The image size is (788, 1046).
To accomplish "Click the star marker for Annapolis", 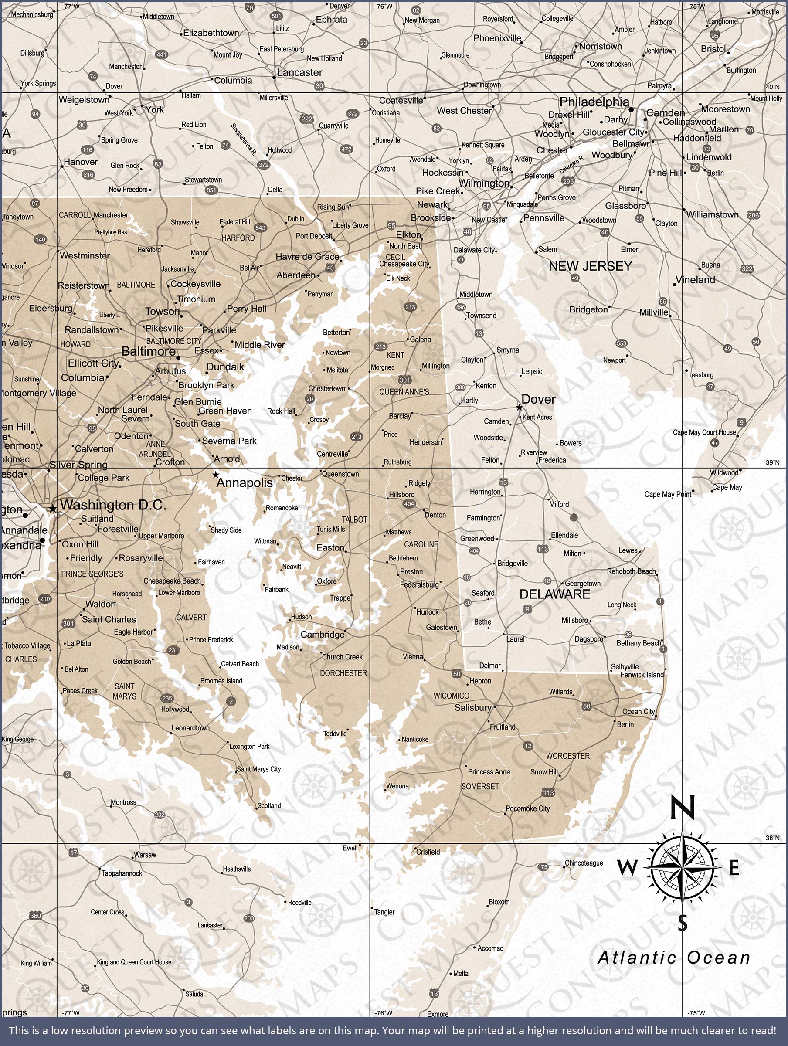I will point(216,474).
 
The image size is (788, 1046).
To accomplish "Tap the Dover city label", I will point(538,399).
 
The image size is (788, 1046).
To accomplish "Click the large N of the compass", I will point(683,807).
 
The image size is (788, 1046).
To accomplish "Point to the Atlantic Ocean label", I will point(674,958).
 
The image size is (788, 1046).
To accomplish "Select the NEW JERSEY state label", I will point(590,266).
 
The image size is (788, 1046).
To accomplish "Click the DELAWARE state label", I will point(555,594).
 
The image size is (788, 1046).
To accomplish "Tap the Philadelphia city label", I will point(594,102).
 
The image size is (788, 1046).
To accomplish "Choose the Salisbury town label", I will point(472,707).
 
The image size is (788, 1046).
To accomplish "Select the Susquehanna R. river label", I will point(244,139).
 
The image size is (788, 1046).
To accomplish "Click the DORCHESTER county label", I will point(343,673).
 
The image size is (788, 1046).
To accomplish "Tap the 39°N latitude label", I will point(772,462).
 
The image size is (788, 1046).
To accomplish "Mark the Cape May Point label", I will point(667,494).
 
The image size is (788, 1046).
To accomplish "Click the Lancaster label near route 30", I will point(299,72).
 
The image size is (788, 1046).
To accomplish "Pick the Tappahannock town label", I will point(122,873).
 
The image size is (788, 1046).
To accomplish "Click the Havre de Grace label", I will point(307,257).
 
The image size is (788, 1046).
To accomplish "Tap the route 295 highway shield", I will point(568,181).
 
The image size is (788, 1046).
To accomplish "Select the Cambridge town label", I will point(323,635).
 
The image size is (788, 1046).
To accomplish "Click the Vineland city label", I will point(695,279).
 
